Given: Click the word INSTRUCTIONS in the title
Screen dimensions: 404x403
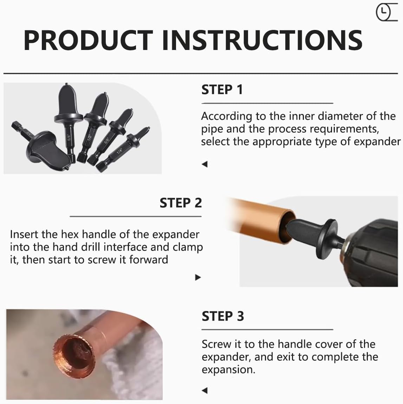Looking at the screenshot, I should pyautogui.click(x=262, y=40).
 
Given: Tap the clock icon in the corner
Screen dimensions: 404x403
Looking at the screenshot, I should pyautogui.click(x=383, y=12).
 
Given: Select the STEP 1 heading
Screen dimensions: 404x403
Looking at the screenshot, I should pyautogui.click(x=222, y=90).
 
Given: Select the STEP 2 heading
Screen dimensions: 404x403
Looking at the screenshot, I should pyautogui.click(x=181, y=203).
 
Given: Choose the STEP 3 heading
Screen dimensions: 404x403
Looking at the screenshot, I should pyautogui.click(x=223, y=316).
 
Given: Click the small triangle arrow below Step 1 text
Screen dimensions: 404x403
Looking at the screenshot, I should pyautogui.click(x=205, y=164).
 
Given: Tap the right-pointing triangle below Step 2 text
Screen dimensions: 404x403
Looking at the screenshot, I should pyautogui.click(x=198, y=277).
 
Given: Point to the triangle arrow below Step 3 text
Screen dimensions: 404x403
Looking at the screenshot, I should pyautogui.click(x=205, y=390).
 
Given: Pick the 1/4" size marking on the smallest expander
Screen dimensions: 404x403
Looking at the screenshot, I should pyautogui.click(x=120, y=152).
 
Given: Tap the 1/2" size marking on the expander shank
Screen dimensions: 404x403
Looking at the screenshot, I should pyautogui.click(x=89, y=137).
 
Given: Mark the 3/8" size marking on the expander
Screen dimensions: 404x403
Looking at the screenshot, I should pyautogui.click(x=105, y=141).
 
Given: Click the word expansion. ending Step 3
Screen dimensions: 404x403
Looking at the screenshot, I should pyautogui.click(x=228, y=370).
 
